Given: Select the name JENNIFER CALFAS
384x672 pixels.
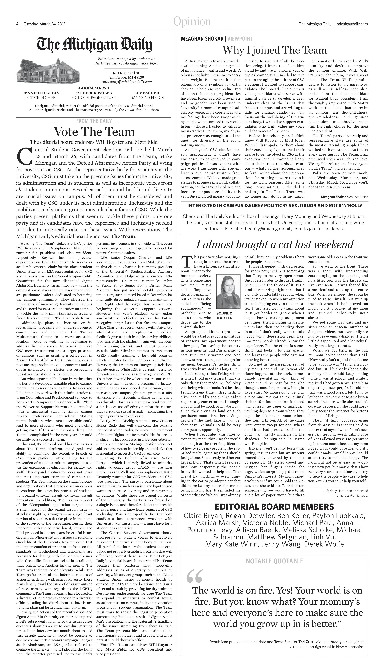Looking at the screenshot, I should point(41,93).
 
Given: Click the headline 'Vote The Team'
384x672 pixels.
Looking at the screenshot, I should point(94,132).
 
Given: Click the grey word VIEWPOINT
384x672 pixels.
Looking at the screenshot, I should point(240,39).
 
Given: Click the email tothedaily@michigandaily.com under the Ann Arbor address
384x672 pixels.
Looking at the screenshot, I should point(127,82).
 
